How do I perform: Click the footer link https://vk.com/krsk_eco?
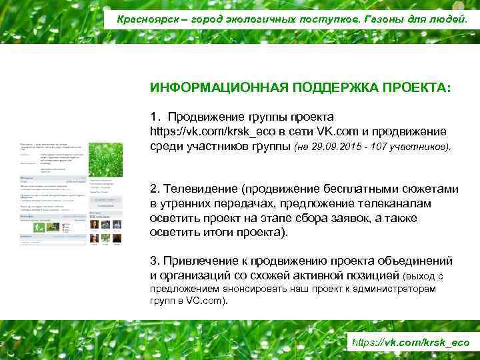click(410, 343)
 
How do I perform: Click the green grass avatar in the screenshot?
click(105, 161)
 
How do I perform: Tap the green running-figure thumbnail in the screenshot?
click(39, 227)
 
